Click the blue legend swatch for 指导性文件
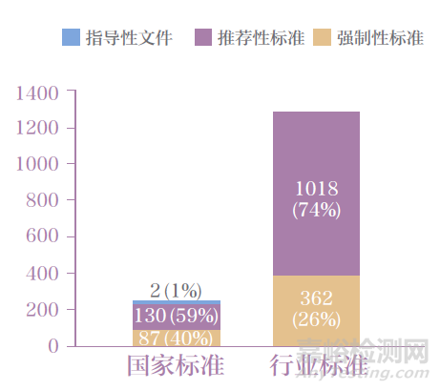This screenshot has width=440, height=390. click(72, 38)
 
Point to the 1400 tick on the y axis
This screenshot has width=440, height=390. click(37, 92)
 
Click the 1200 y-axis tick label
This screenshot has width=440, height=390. click(37, 129)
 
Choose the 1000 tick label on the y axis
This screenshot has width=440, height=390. click(37, 165)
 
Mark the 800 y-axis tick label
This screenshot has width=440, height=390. click(43, 201)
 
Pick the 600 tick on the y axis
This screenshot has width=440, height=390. click(43, 237)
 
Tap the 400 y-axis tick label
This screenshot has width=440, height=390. click(43, 274)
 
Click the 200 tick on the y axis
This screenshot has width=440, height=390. click(43, 310)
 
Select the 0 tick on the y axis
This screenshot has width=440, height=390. click(53, 346)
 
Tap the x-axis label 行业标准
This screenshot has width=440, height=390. click(316, 367)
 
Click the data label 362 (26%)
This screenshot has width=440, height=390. click(316, 307)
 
